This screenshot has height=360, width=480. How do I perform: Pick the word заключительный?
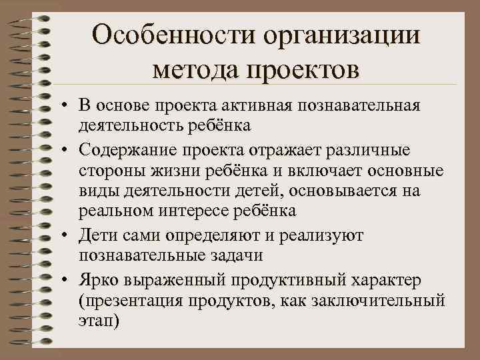tap(385, 301)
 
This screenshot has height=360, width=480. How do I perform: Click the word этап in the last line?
tap(96, 322)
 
